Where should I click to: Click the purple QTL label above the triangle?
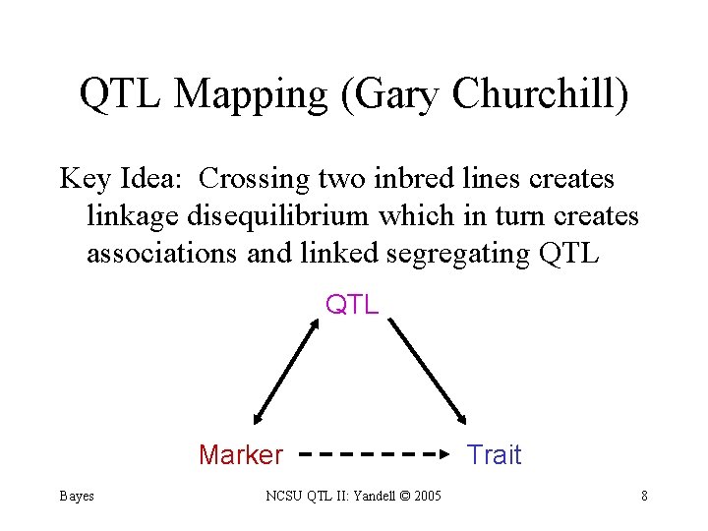[x=352, y=305]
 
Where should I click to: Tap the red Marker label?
[x=240, y=455]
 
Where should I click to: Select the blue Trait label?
[x=494, y=455]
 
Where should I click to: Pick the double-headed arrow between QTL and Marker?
[x=285, y=372]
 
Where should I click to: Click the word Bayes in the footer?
[x=76, y=496]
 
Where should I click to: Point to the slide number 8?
[x=644, y=496]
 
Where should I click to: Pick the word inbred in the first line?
[x=411, y=179]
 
